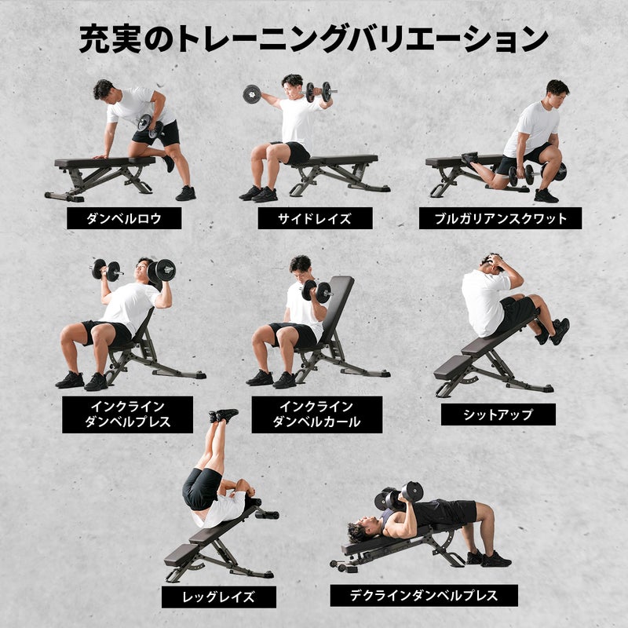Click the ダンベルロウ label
pyautogui.click(x=124, y=218)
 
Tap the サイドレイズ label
pyautogui.click(x=315, y=218)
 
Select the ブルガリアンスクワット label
pyautogui.click(x=500, y=218)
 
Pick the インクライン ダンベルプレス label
pyautogui.click(x=127, y=414)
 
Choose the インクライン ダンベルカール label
pyautogui.click(x=317, y=414)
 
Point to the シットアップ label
pyautogui.click(x=498, y=414)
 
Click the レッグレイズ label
pyautogui.click(x=219, y=597)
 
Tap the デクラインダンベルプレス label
pyautogui.click(x=424, y=595)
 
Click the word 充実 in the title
pyautogui.click(x=110, y=38)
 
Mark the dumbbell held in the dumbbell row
pyautogui.click(x=150, y=126)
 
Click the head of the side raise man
pyautogui.click(x=292, y=86)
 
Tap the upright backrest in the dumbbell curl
pyautogui.click(x=338, y=309)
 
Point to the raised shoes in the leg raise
pyautogui.click(x=223, y=415)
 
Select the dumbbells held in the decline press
pyautogui.click(x=399, y=495)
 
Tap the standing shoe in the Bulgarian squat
pyautogui.click(x=546, y=195)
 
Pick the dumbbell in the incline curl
pyautogui.click(x=316, y=290)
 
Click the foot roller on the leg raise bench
pyautogui.click(x=267, y=515)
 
